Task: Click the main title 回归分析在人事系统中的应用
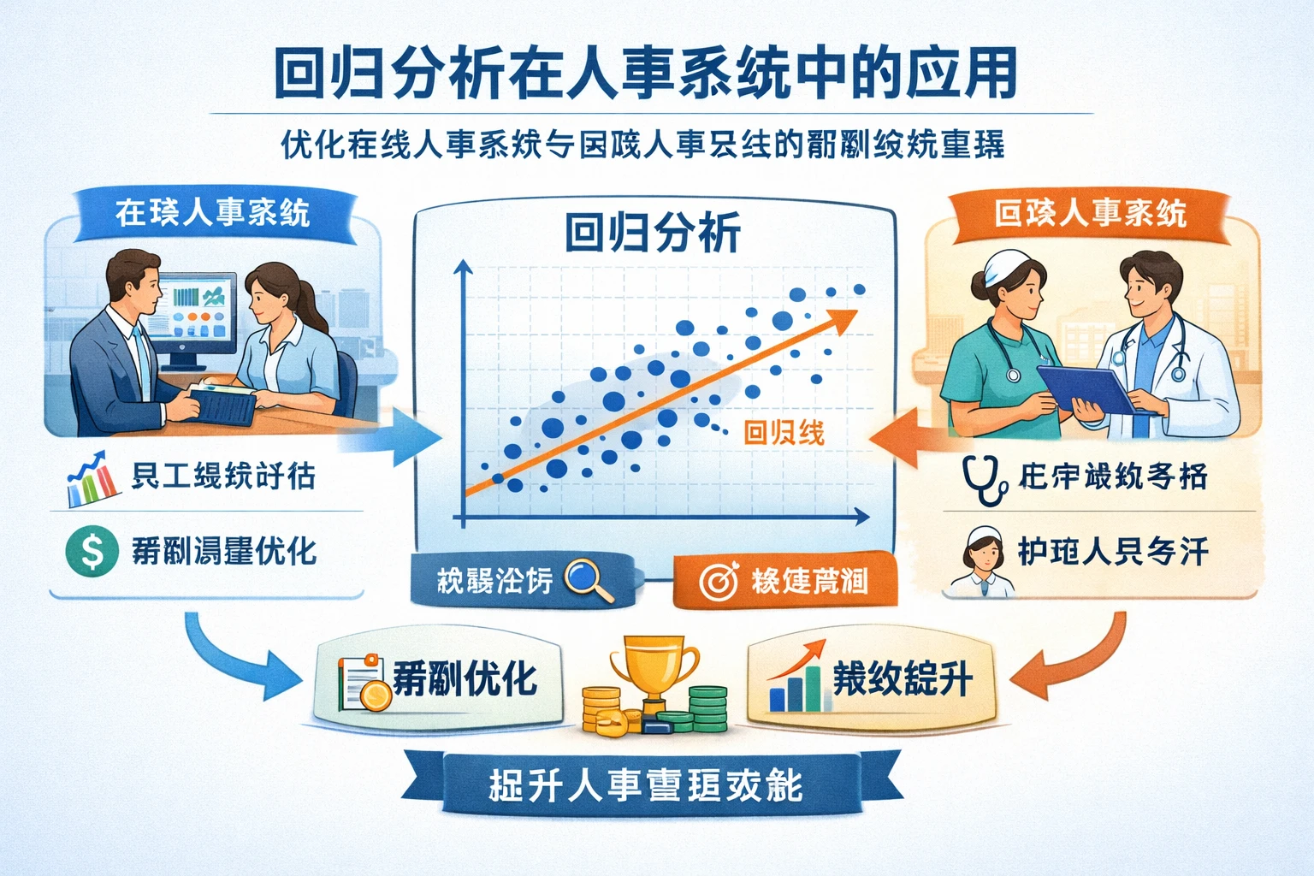(646, 75)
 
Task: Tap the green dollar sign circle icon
(92, 550)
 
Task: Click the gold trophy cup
(654, 667)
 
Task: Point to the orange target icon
(718, 582)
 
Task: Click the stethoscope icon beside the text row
(985, 481)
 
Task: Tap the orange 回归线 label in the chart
(784, 433)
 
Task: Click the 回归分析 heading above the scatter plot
(653, 233)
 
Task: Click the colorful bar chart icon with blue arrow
(92, 479)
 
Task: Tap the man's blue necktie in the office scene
(139, 359)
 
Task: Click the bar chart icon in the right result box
(796, 680)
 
